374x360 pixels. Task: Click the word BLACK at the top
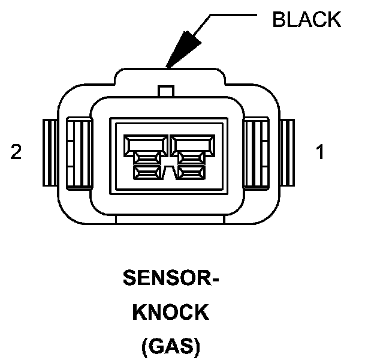(x=306, y=19)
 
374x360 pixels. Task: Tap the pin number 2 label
(x=16, y=152)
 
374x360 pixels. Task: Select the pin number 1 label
(x=321, y=152)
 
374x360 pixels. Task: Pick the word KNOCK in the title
(x=169, y=312)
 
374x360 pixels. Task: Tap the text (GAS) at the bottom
(x=170, y=346)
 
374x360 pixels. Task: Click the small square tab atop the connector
(x=166, y=91)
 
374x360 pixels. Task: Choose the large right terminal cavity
(x=190, y=144)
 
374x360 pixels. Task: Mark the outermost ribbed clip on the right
(x=287, y=152)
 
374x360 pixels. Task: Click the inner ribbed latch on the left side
(x=78, y=152)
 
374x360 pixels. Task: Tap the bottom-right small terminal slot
(x=190, y=173)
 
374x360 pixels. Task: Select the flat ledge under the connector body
(x=168, y=220)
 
